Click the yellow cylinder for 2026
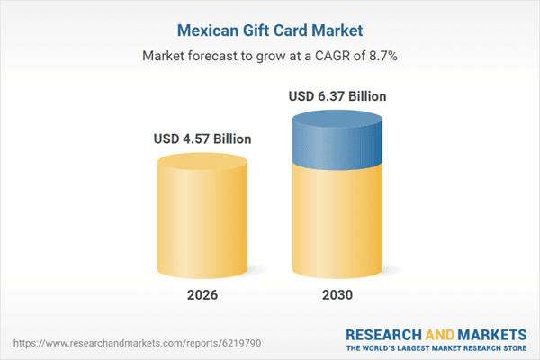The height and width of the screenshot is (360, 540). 202,225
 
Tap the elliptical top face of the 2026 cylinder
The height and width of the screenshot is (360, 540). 202,163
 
